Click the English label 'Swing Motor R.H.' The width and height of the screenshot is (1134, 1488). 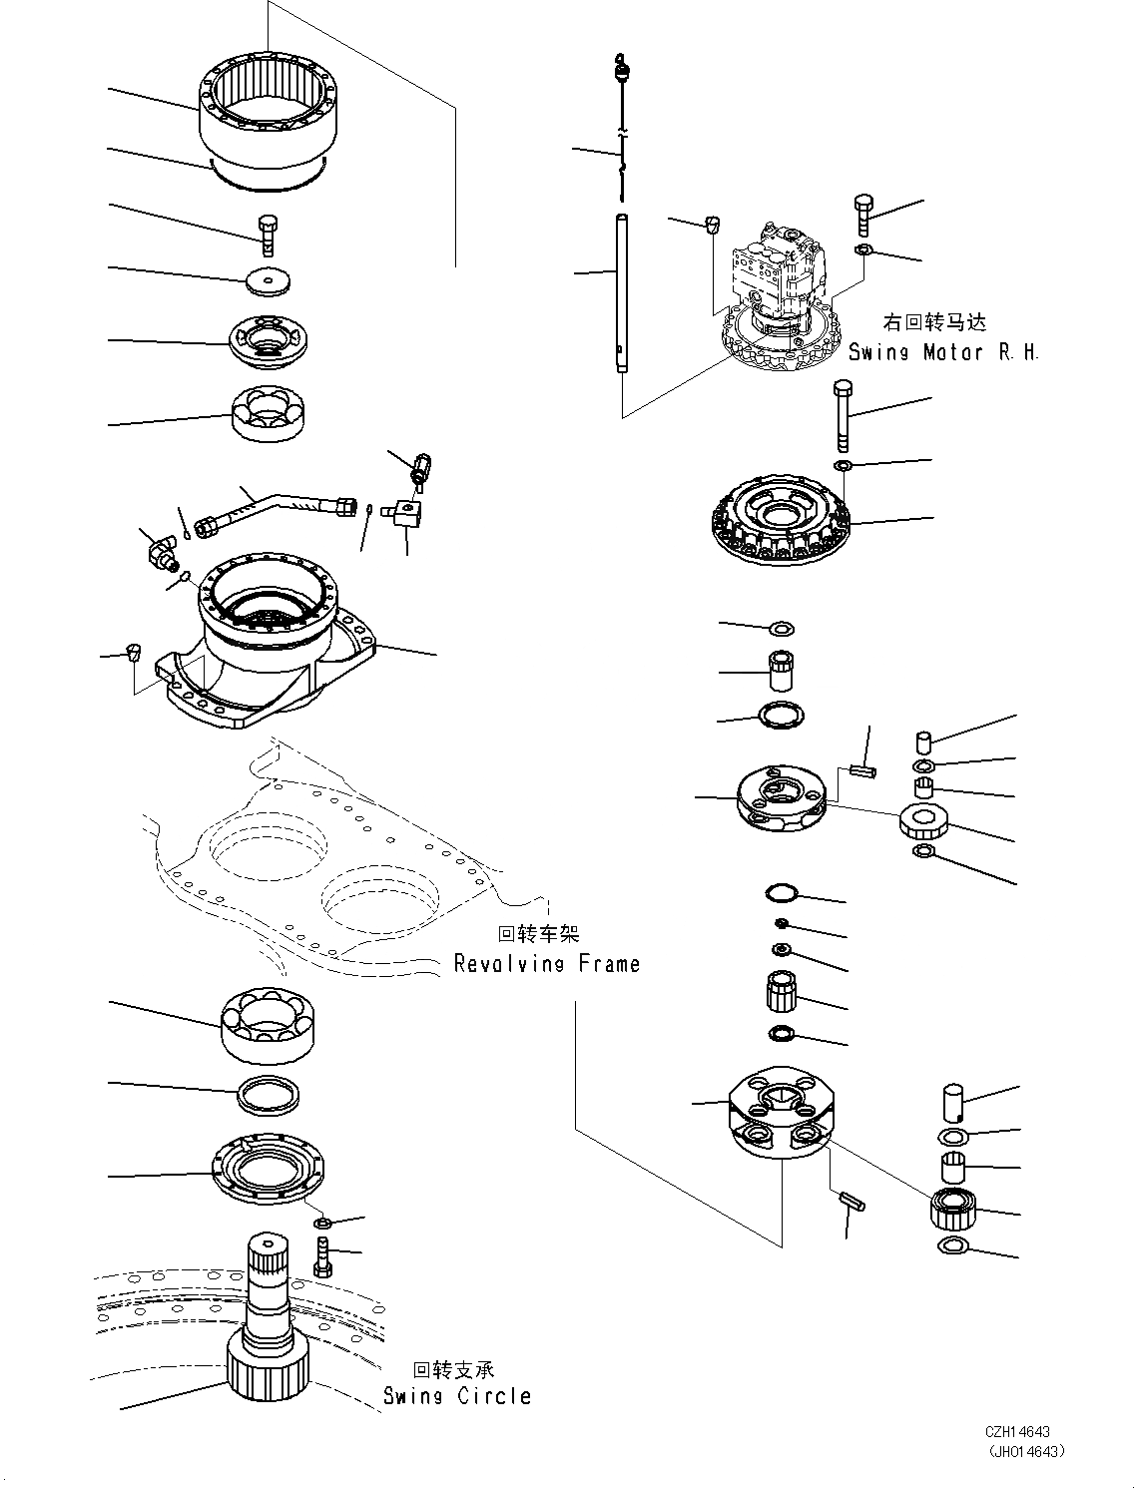pyautogui.click(x=943, y=351)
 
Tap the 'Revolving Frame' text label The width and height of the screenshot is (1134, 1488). pyautogui.click(x=546, y=963)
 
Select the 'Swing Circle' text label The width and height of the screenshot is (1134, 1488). pyautogui.click(x=457, y=1395)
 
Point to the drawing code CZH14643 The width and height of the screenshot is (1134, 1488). pyautogui.click(x=1020, y=1432)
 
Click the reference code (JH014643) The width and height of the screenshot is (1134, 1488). pyautogui.click(x=1024, y=1451)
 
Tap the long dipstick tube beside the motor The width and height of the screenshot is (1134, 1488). pyautogui.click(x=621, y=294)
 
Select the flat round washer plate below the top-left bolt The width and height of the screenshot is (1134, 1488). pyautogui.click(x=267, y=282)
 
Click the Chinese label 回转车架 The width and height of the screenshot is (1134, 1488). pyautogui.click(x=538, y=934)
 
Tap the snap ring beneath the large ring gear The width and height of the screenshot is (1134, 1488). pyautogui.click(x=268, y=177)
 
